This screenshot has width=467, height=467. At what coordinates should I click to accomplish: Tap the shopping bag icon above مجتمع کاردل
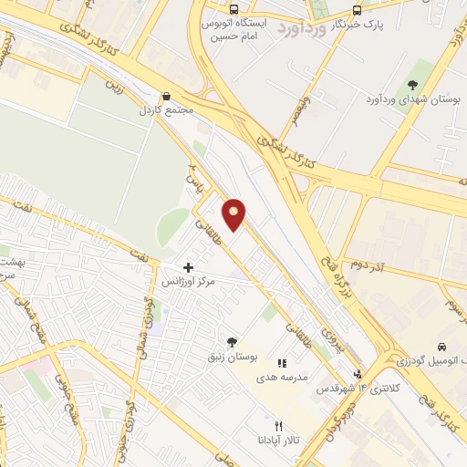click(166, 96)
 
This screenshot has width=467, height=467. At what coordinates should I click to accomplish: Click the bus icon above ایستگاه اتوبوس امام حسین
click(234, 9)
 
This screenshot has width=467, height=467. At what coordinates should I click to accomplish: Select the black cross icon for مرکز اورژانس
click(189, 267)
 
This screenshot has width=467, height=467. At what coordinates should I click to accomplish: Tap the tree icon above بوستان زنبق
click(231, 341)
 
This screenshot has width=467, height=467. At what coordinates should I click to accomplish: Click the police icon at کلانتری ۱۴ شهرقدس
click(358, 374)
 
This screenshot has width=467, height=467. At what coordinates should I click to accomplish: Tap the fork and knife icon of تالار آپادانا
click(279, 426)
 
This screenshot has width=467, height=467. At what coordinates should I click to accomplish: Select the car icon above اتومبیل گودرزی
click(441, 348)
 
